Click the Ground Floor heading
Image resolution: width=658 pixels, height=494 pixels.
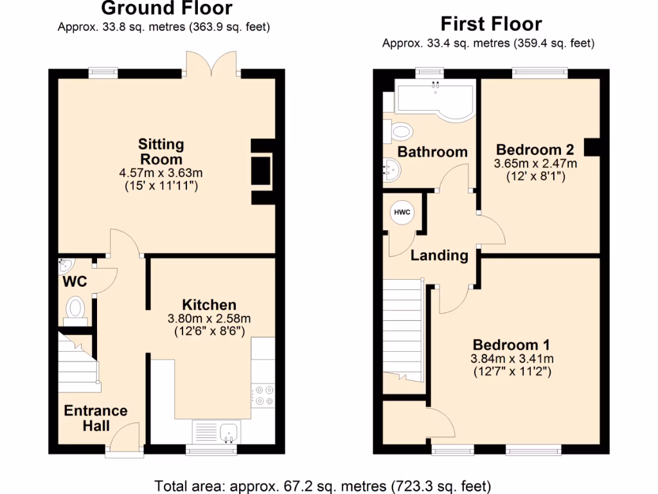[166, 9]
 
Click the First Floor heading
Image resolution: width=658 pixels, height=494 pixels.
[491, 24]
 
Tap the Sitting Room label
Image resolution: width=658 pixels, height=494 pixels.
[162, 151]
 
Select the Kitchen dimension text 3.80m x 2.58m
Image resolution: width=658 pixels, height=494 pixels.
[209, 318]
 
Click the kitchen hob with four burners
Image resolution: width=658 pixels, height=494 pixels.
[263, 395]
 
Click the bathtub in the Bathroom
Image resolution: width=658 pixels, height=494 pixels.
[435, 99]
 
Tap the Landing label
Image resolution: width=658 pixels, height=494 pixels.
[440, 255]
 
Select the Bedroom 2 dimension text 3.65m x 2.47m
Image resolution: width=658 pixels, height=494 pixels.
[535, 163]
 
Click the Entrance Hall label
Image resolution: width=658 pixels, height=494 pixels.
[96, 417]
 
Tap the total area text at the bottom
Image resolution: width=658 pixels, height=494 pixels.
[323, 484]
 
